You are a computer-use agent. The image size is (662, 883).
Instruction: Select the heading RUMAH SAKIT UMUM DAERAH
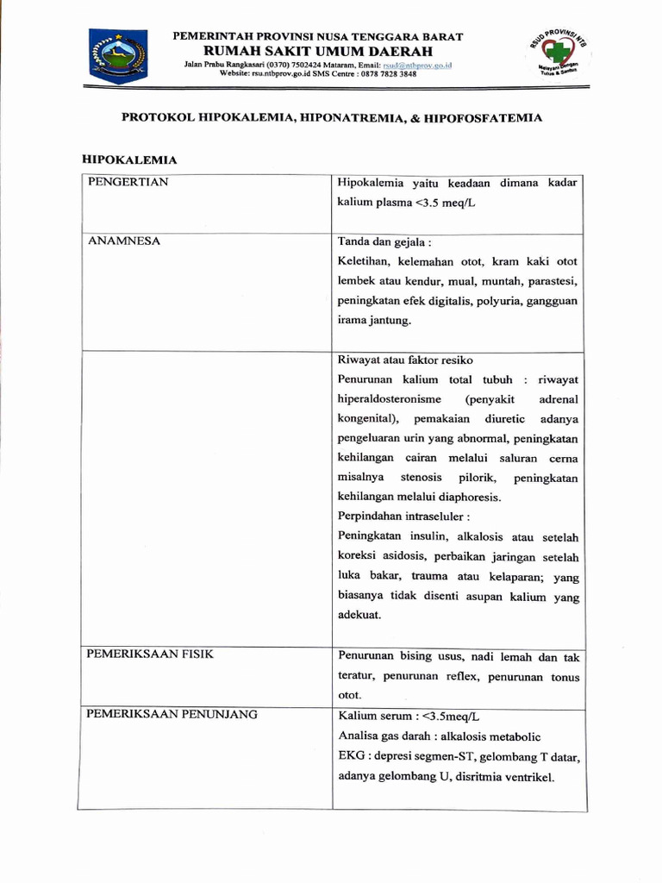click(319, 51)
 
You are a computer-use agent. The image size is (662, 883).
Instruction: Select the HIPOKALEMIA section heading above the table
click(128, 160)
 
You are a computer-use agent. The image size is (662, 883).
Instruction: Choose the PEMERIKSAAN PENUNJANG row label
click(172, 714)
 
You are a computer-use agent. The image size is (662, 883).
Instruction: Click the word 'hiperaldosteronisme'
click(390, 399)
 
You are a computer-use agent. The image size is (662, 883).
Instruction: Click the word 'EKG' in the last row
click(350, 756)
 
